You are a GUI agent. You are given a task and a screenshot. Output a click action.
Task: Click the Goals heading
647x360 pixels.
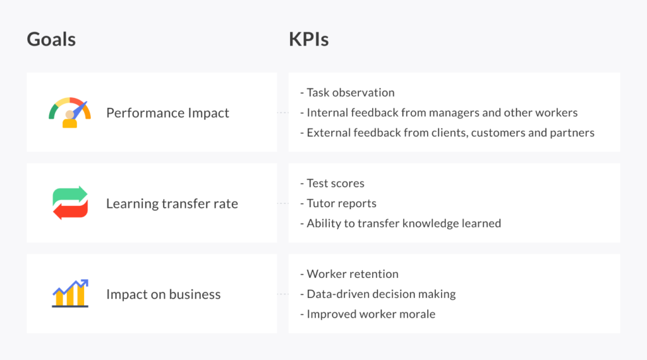[x=51, y=39]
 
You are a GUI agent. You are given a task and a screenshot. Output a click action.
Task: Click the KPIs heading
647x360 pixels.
[x=309, y=39]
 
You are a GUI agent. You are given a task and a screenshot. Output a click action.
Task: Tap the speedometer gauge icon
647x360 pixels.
[x=70, y=112]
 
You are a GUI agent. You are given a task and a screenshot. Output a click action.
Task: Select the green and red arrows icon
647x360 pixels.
[x=70, y=203]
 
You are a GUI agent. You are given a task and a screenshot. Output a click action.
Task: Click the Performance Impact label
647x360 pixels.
[x=167, y=113]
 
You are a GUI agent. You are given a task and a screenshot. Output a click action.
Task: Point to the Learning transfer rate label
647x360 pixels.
[x=172, y=203]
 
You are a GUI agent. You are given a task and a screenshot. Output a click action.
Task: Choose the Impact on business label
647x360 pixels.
[x=163, y=294]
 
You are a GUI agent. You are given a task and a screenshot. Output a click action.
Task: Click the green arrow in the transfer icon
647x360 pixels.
[x=70, y=195]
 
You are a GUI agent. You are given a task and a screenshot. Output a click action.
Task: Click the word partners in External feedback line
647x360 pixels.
[x=574, y=133]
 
